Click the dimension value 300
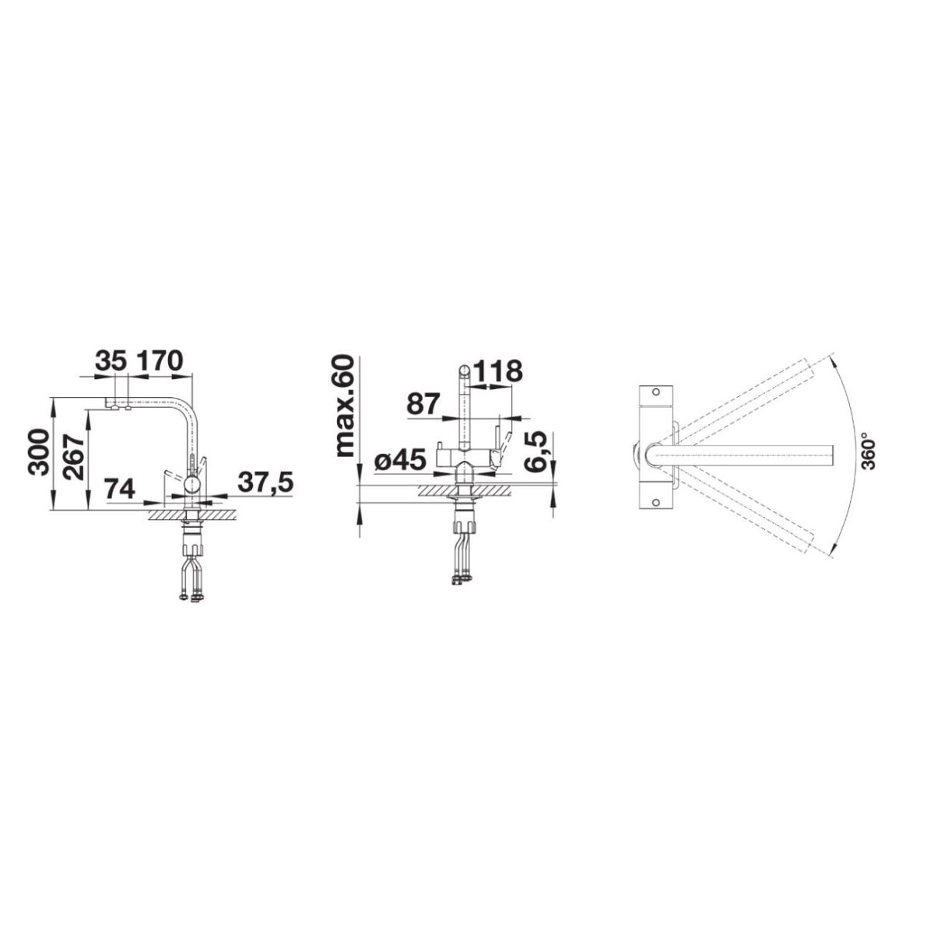click(x=39, y=453)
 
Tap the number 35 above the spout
click(x=111, y=360)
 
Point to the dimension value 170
click(x=160, y=360)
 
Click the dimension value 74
click(x=120, y=489)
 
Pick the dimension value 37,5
click(x=265, y=483)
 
